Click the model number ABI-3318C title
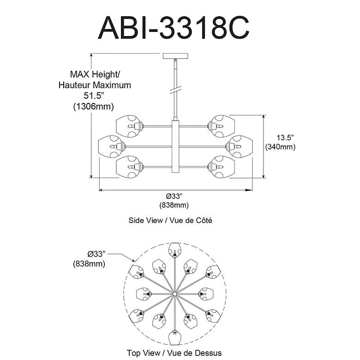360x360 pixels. (x=174, y=28)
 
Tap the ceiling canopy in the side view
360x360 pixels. (x=175, y=56)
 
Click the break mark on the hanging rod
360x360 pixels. (x=176, y=90)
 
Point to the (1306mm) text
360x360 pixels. (x=93, y=107)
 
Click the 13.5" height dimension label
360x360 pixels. (x=285, y=138)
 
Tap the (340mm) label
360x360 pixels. (x=280, y=147)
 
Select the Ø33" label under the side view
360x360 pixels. (x=174, y=196)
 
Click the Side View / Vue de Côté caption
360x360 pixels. (x=170, y=221)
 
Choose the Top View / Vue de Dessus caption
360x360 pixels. (x=174, y=353)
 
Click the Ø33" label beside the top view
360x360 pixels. (x=96, y=254)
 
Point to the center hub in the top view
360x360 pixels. (x=175, y=294)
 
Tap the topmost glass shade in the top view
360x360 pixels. (x=175, y=250)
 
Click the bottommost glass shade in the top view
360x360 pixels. (x=175, y=337)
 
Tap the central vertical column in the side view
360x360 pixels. (x=175, y=147)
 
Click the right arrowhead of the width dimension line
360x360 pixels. (x=249, y=190)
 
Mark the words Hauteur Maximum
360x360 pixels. (x=95, y=85)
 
